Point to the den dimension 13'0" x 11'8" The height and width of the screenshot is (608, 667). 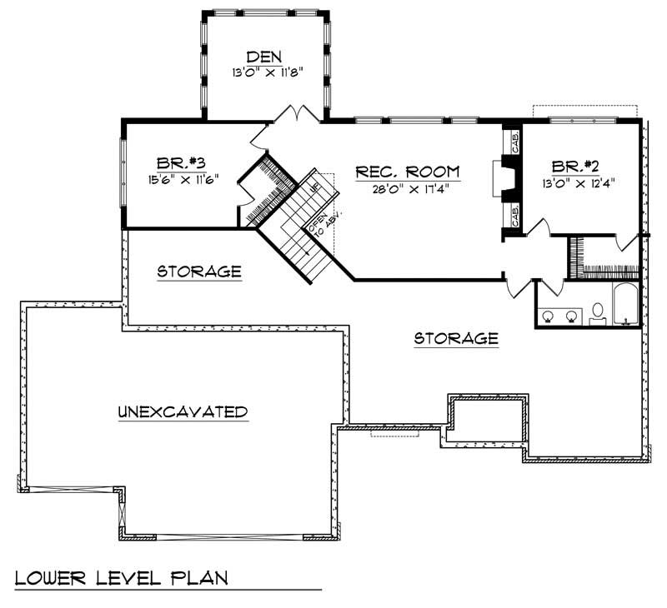coord(265,73)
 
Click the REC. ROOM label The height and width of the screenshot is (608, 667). coord(408,172)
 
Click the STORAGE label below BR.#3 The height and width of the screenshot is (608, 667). coord(199,272)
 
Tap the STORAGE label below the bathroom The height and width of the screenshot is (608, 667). coord(456,338)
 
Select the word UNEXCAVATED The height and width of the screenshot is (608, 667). coord(183,411)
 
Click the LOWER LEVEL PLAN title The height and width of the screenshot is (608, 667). coord(122,577)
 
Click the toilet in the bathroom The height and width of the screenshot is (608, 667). coord(597,313)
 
